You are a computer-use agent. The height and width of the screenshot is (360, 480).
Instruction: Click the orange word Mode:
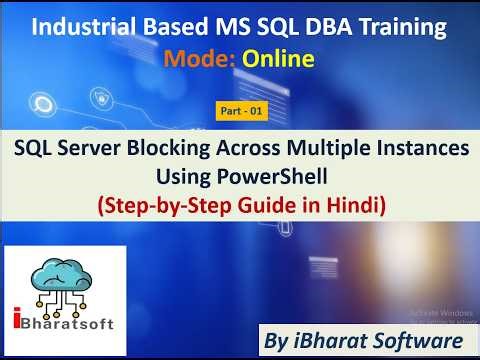[x=197, y=60]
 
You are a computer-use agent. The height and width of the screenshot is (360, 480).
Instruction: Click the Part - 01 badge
[x=240, y=112]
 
